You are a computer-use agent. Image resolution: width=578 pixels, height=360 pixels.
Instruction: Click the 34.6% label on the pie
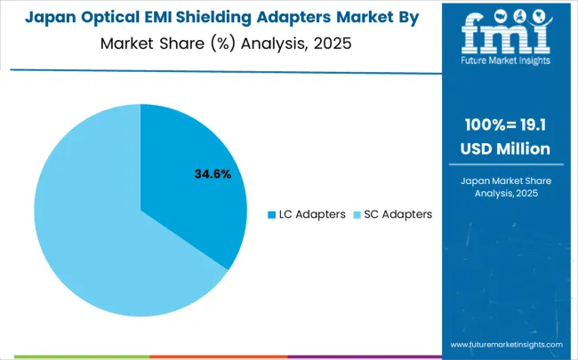(x=213, y=174)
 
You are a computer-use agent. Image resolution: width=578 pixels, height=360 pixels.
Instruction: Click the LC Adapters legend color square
(x=272, y=214)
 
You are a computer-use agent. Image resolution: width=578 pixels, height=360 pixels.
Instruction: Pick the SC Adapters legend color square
(x=356, y=214)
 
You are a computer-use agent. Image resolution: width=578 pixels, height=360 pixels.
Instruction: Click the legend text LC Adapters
(x=312, y=214)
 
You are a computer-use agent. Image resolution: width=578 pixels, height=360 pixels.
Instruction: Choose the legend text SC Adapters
(x=397, y=214)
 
